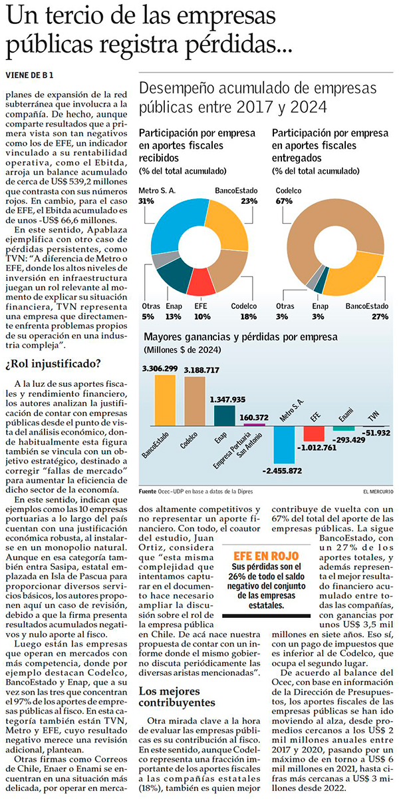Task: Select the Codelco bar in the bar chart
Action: pos(194,404)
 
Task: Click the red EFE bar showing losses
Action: pos(313,433)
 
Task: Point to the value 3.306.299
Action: pos(160,368)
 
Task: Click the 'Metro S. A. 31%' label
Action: pos(156,195)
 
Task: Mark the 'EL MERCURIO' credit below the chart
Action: pos(378,491)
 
